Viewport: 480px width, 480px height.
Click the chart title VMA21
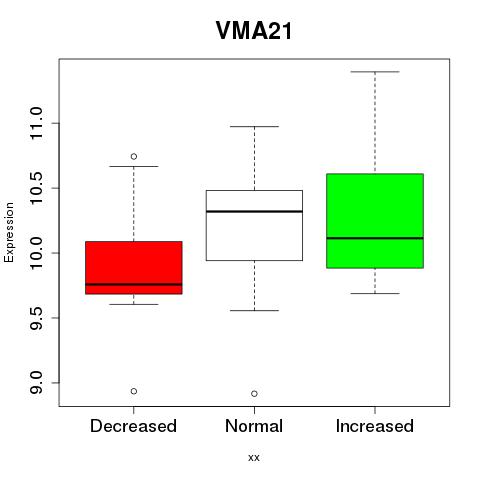click(254, 31)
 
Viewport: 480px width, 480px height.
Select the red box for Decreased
click(134, 268)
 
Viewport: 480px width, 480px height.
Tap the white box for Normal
click(254, 225)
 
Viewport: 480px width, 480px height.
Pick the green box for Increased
click(375, 221)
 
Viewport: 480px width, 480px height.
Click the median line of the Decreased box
click(134, 284)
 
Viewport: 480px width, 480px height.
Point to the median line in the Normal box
click(254, 211)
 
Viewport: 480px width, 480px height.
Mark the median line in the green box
click(375, 238)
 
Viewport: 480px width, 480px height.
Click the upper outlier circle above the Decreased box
click(134, 156)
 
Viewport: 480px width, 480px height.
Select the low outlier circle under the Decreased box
click(134, 391)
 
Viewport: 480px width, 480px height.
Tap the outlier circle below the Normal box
click(254, 394)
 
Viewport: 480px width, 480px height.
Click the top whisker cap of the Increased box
click(375, 72)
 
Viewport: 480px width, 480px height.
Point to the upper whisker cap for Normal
click(254, 126)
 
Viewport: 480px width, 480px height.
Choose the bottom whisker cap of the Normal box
click(254, 310)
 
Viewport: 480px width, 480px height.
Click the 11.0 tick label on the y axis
click(36, 123)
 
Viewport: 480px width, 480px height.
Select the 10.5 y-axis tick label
click(36, 188)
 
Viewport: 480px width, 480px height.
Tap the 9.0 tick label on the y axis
click(36, 383)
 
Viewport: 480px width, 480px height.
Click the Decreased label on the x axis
click(133, 426)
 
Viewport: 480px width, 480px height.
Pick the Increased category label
click(375, 426)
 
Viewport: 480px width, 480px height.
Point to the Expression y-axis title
click(9, 232)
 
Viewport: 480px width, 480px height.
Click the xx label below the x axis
click(254, 458)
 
